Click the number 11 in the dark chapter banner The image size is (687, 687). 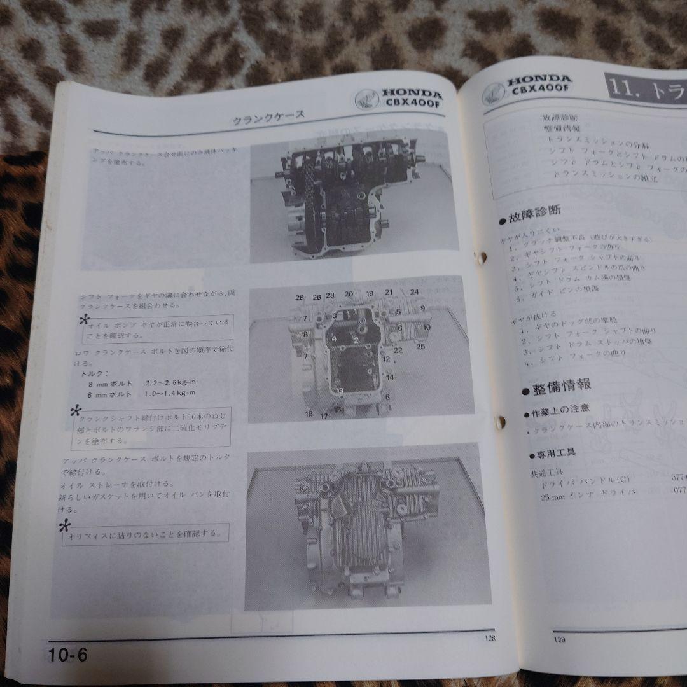point(621,89)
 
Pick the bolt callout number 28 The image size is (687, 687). point(299,298)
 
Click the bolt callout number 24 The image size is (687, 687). point(415,293)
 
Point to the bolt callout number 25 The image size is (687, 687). point(420,347)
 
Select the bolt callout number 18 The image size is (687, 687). point(309,414)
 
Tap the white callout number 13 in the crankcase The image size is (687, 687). point(340,391)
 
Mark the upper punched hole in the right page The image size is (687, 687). point(482,257)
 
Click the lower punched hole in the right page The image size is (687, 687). point(500,420)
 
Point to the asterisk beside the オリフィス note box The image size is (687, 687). point(64,526)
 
